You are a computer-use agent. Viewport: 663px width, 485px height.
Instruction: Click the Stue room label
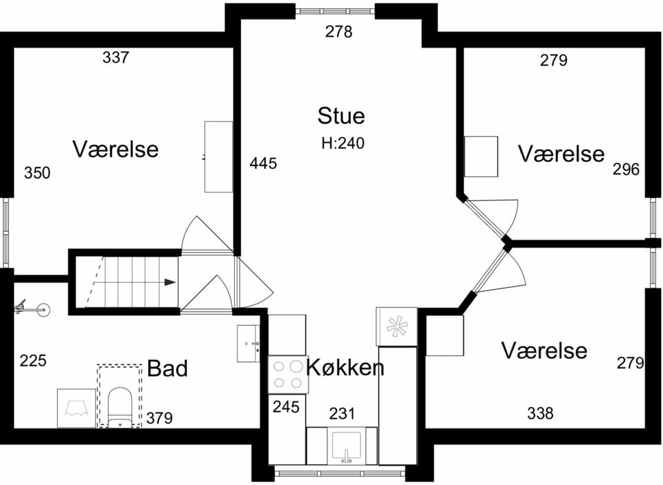(341, 116)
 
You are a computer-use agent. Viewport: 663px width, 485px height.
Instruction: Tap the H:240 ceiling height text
(343, 143)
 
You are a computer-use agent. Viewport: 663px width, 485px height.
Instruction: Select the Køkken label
(345, 367)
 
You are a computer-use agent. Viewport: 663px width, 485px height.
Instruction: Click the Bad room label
(167, 368)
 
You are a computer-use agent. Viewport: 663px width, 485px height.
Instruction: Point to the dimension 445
(263, 163)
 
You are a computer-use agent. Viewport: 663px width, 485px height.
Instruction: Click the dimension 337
(115, 57)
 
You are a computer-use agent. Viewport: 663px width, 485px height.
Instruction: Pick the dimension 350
(37, 172)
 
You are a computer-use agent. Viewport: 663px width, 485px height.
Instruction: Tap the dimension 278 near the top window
(338, 32)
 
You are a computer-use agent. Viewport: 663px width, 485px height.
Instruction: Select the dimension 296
(626, 170)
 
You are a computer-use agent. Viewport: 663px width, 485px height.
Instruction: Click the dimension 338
(540, 413)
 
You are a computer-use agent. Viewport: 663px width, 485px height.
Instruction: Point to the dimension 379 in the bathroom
(160, 418)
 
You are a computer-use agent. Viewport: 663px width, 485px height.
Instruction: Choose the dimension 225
(33, 361)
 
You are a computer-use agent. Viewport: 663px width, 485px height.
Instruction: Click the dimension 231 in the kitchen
(342, 414)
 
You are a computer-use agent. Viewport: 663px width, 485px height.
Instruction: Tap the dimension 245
(286, 407)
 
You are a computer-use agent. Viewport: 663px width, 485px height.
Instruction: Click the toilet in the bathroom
(120, 407)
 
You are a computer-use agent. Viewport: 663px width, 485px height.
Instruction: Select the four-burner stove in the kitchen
(289, 375)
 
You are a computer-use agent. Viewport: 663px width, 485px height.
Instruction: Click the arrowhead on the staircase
(170, 282)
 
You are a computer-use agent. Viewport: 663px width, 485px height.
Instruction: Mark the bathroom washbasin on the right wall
(249, 344)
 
